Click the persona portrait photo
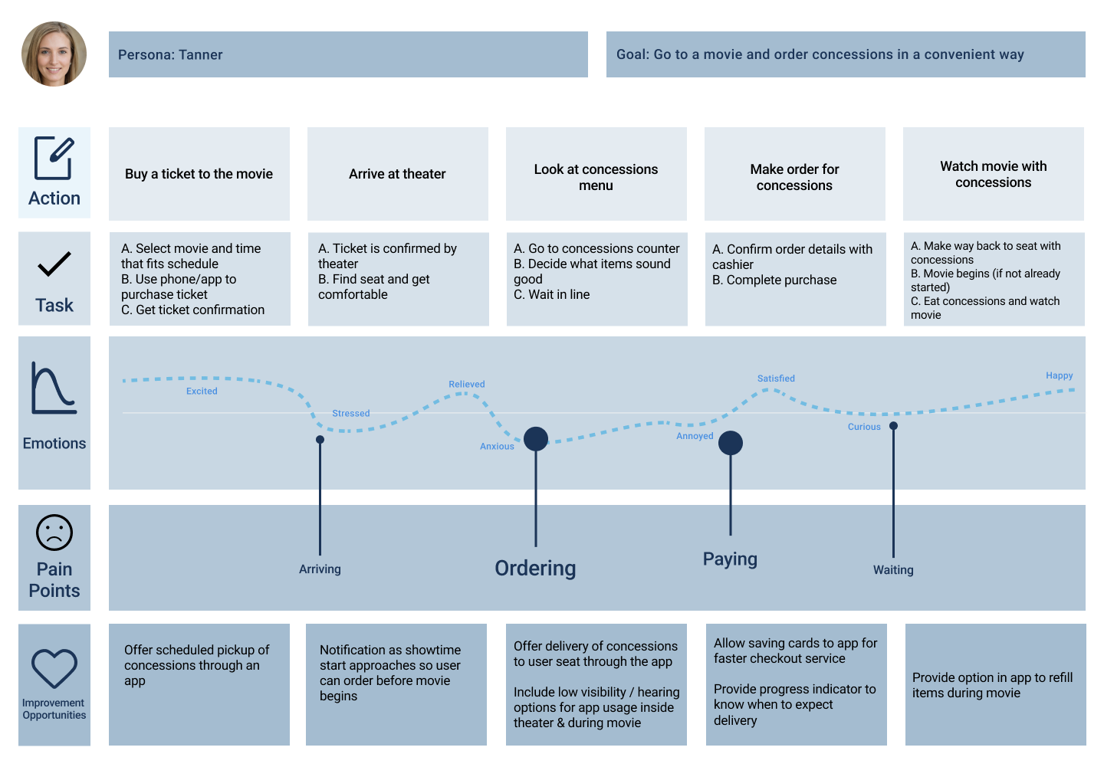pos(54,54)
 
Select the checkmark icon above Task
pos(54,264)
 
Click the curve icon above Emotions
pos(54,388)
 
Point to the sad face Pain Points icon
pos(54,533)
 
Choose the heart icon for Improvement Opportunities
pos(54,668)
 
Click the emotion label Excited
pos(202,391)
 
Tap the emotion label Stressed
pos(351,413)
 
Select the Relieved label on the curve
pos(467,384)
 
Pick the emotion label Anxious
pos(497,446)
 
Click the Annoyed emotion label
pos(695,436)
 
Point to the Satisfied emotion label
pos(776,379)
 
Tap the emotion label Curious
pos(864,427)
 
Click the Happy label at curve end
pos(1060,375)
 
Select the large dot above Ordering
pos(536,439)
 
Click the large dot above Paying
pos(731,443)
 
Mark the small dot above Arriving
pos(320,439)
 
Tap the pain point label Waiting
pos(893,570)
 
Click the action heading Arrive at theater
pos(397,174)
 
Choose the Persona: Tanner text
pos(170,54)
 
